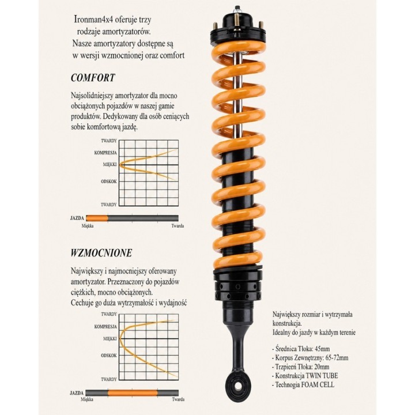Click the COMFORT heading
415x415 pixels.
[x=93, y=78]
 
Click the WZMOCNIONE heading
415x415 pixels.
[x=101, y=253]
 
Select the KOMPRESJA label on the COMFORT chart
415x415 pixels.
[x=105, y=153]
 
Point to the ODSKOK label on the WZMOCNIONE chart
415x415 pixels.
[x=109, y=356]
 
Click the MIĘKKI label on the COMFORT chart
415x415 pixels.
[x=110, y=164]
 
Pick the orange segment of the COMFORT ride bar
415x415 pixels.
[x=97, y=218]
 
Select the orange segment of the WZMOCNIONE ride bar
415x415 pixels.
[x=133, y=393]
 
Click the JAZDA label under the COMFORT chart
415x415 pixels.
[x=77, y=218]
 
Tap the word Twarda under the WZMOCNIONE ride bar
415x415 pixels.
[x=178, y=399]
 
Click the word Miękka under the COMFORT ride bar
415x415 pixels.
[x=88, y=226]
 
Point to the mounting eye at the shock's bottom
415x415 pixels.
[x=238, y=386]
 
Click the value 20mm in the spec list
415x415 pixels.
[x=322, y=367]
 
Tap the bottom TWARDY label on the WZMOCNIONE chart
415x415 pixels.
[x=109, y=379]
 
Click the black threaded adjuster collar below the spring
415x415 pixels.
[x=238, y=287]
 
